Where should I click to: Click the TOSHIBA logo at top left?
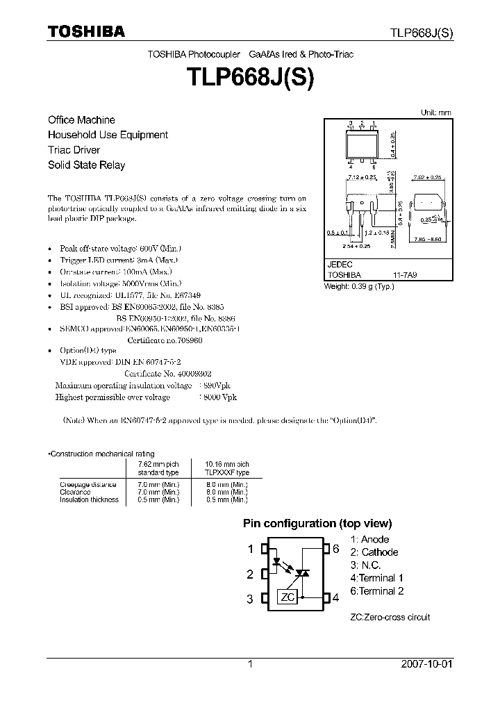(86, 31)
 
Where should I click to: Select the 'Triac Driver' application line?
(74, 150)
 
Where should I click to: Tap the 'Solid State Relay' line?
(86, 165)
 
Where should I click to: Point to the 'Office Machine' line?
(81, 120)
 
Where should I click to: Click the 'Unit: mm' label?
(436, 113)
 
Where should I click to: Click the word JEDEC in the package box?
(340, 265)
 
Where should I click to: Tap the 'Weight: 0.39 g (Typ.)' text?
(359, 286)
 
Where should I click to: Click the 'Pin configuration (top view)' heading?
(317, 524)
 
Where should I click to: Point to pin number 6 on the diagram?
(336, 549)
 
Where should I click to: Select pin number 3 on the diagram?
(249, 599)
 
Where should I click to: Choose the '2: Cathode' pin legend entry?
(374, 552)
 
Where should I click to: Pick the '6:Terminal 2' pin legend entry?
(377, 591)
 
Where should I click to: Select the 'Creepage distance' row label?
(88, 484)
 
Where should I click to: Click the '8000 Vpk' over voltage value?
(219, 397)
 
